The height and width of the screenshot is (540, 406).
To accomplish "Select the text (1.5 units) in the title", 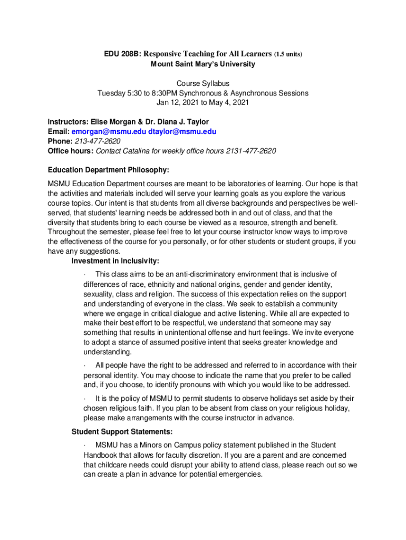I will pyautogui.click(x=288, y=54).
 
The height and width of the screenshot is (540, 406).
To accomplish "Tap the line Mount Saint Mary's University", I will pyautogui.click(x=203, y=64).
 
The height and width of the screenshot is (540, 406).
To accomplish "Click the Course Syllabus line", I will pyautogui.click(x=203, y=83).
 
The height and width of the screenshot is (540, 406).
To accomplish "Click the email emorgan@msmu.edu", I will pyautogui.click(x=109, y=131).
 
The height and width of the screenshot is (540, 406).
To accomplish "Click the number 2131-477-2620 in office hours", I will pyautogui.click(x=251, y=151).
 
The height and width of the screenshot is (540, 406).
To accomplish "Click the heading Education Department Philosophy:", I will pyautogui.click(x=108, y=170).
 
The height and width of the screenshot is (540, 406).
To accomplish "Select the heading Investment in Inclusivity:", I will pyautogui.click(x=115, y=261).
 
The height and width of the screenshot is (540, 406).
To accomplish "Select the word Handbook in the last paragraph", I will pyautogui.click(x=101, y=455).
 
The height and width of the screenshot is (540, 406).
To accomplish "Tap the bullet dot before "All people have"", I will pyautogui.click(x=85, y=365).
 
